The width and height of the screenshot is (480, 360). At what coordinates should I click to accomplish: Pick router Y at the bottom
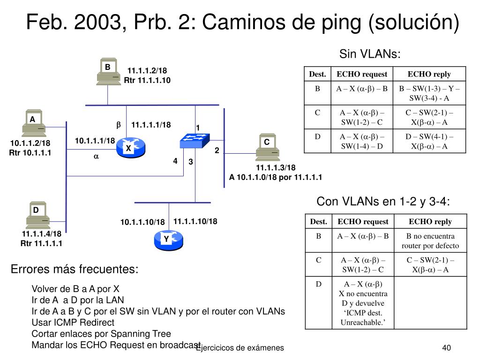tap(167, 240)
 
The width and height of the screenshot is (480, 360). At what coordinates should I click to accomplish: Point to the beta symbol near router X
tap(119, 125)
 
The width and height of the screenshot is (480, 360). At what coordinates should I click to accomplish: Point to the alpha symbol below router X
tap(96, 157)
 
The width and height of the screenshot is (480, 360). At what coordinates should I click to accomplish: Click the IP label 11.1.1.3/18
tap(276, 168)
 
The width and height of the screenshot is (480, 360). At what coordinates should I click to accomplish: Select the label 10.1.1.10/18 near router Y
tap(142, 222)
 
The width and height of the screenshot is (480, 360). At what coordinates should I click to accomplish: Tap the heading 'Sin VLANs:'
tap(370, 54)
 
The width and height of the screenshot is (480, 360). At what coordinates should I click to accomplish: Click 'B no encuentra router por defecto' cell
tap(430, 241)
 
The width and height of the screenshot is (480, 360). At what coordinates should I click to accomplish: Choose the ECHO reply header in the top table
tap(429, 74)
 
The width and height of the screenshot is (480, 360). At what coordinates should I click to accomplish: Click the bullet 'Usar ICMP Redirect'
tap(73, 322)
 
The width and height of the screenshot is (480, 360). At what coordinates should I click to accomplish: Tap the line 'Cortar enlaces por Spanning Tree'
tap(101, 334)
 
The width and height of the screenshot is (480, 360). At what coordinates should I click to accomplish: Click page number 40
tap(446, 347)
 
